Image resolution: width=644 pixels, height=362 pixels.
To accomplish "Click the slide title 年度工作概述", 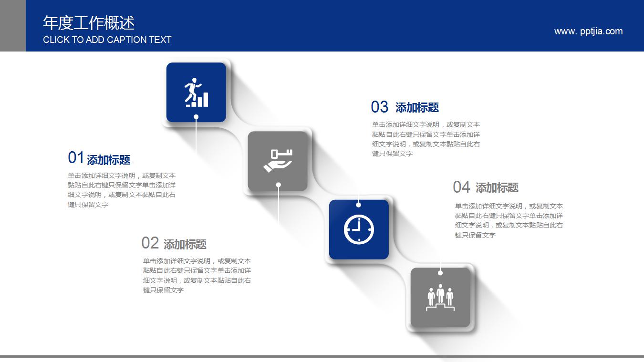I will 89,23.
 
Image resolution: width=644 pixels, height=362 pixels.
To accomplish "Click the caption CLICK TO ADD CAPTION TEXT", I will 107,40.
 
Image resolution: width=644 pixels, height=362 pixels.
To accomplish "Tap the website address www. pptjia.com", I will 588,31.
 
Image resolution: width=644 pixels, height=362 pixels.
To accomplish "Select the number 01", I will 76,157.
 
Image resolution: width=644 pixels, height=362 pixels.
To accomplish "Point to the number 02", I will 150,243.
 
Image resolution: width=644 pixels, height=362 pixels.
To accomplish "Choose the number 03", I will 380,107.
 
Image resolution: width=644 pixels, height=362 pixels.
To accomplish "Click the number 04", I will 461,187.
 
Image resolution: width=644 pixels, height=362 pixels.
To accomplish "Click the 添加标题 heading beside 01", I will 109,160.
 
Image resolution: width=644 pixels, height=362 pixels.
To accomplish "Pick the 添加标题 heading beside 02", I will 185,245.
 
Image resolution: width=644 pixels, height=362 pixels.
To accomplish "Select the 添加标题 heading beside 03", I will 417,108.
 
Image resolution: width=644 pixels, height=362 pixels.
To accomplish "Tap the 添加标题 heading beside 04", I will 497,188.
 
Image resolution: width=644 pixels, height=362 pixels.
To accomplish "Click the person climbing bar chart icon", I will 196,92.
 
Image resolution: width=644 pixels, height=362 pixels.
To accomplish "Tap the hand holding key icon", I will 278,161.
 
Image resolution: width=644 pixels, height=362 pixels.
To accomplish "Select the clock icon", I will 359,229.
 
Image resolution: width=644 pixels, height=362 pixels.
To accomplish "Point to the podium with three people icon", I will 440,298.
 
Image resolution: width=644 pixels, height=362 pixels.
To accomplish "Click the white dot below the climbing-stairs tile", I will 196,116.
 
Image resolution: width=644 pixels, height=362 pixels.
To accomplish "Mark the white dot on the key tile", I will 279,185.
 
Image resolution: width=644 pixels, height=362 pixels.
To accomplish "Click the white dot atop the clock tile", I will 358,205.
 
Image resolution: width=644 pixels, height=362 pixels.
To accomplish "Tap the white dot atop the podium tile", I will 440,273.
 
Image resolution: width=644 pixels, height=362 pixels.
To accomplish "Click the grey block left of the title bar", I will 12,26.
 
